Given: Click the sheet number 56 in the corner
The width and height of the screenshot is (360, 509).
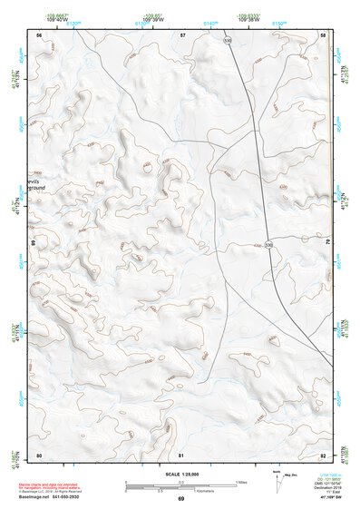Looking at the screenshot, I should click(39, 34).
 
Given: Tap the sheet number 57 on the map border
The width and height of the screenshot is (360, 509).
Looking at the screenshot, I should click(182, 34).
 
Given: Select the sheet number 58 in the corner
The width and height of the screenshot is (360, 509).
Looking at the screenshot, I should click(324, 34).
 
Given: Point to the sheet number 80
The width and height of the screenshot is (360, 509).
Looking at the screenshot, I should click(39, 455).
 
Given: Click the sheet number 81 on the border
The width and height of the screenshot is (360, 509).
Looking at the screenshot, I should click(182, 455).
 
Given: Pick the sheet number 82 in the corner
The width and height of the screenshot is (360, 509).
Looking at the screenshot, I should click(324, 455).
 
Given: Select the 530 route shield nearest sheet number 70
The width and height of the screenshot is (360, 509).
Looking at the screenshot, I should click(268, 245).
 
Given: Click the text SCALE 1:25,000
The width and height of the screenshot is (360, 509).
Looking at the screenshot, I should click(182, 474).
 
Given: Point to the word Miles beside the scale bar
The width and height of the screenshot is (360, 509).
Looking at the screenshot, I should click(242, 481).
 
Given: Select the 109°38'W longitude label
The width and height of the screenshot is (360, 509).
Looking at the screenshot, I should click(254, 16).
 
